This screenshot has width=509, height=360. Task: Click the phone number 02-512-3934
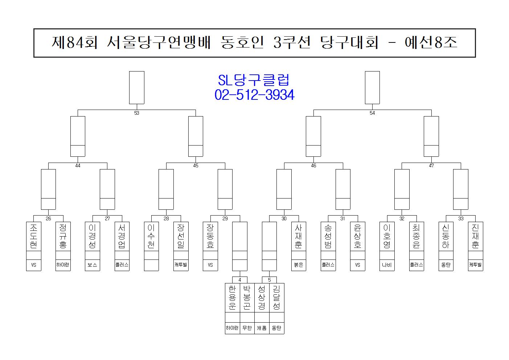pos(254,95)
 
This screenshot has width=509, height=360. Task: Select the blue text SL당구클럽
pos(254,80)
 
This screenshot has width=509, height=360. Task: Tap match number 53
pos(137,113)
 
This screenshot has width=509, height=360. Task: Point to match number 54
pos(372,113)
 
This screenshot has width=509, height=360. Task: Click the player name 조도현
pos(33,236)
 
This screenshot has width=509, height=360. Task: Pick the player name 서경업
pos(122,236)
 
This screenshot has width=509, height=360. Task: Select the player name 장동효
pos(210,236)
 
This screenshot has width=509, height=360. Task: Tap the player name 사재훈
pos(299,236)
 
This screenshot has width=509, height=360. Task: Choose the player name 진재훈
pos(475,236)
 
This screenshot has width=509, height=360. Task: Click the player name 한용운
pos(232,298)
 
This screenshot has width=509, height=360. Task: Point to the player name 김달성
pos(276,298)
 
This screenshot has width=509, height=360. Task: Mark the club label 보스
pos(93,265)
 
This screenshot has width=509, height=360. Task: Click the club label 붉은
pos(299,265)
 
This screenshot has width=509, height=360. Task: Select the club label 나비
pos(387,265)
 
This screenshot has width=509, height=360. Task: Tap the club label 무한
pos(247,328)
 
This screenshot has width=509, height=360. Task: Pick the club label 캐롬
pos(262,328)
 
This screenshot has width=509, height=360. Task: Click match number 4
pos(240,280)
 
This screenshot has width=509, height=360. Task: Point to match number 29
pos(225,218)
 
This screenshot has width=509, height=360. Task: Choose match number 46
pos(313,165)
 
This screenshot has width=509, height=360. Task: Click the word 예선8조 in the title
pos(431,43)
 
